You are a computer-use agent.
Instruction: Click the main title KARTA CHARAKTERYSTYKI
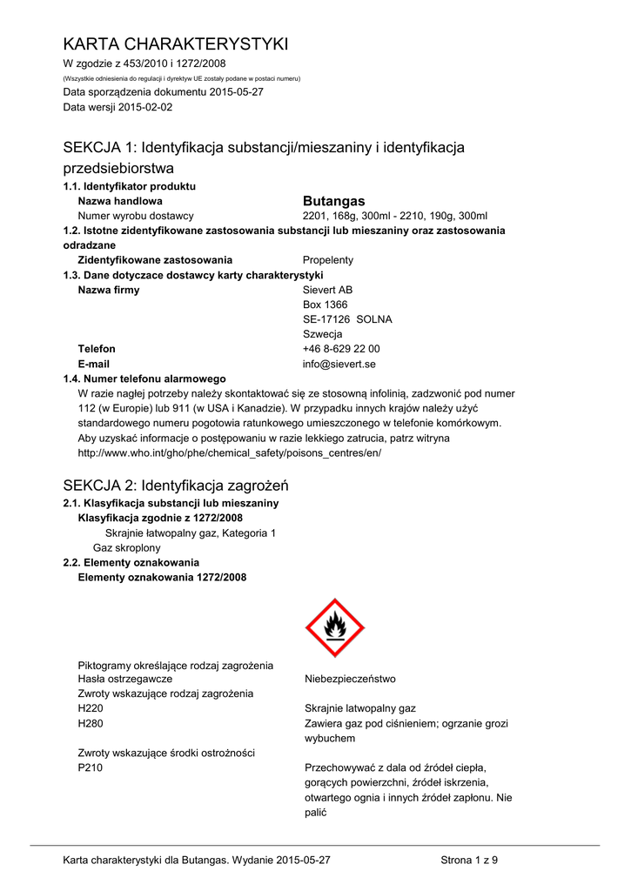coord(175,44)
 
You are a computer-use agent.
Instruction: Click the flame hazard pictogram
coord(334,627)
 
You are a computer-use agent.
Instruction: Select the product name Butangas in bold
coord(333,201)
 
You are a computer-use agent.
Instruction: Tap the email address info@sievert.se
coord(339,364)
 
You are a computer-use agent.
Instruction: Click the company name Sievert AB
coord(327,290)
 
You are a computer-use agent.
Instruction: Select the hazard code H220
coord(91,708)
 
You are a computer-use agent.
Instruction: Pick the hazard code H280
coord(91,723)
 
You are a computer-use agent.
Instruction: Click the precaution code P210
coord(91,767)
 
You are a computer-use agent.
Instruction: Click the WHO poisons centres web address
coord(230,453)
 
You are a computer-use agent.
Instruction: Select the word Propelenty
coord(328,260)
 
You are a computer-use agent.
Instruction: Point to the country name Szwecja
coord(322,334)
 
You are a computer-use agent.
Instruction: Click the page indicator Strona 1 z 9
coord(469,861)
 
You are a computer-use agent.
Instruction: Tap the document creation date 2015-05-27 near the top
coord(232,92)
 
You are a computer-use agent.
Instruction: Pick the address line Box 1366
coord(325,305)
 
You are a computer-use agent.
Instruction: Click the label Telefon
coord(97,349)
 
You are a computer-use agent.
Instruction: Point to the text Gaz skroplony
coord(127,547)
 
